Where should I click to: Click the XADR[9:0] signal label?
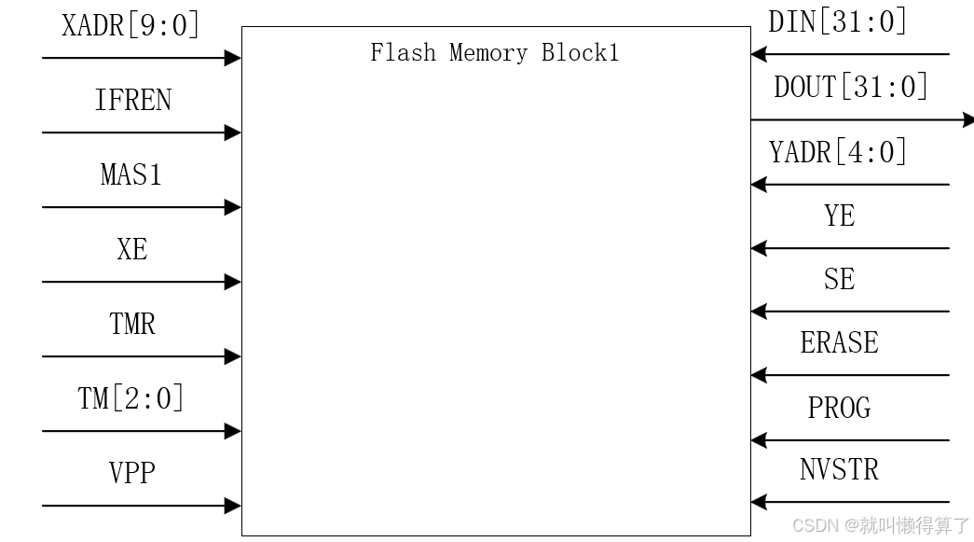coord(130,25)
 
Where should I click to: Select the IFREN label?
coord(132,100)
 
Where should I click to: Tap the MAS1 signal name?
coord(131,174)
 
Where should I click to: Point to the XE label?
coord(131,249)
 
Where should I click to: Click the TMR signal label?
coord(131,324)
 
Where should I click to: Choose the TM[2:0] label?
coord(130,398)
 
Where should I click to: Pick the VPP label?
coord(131,473)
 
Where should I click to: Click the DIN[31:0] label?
coord(837,21)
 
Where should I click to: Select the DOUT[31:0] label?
coord(851,87)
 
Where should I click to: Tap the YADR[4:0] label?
coord(837,151)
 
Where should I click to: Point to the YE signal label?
coord(839,215)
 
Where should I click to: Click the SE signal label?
coord(839,279)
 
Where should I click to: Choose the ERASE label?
coord(839,342)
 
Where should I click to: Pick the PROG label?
coord(839,408)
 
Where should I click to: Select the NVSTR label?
coord(839,469)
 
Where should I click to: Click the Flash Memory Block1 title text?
coord(494,52)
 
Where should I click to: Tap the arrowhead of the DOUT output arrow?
coord(967,119)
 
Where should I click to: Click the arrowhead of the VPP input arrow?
coord(234,506)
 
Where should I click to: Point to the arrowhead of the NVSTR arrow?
coord(758,502)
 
